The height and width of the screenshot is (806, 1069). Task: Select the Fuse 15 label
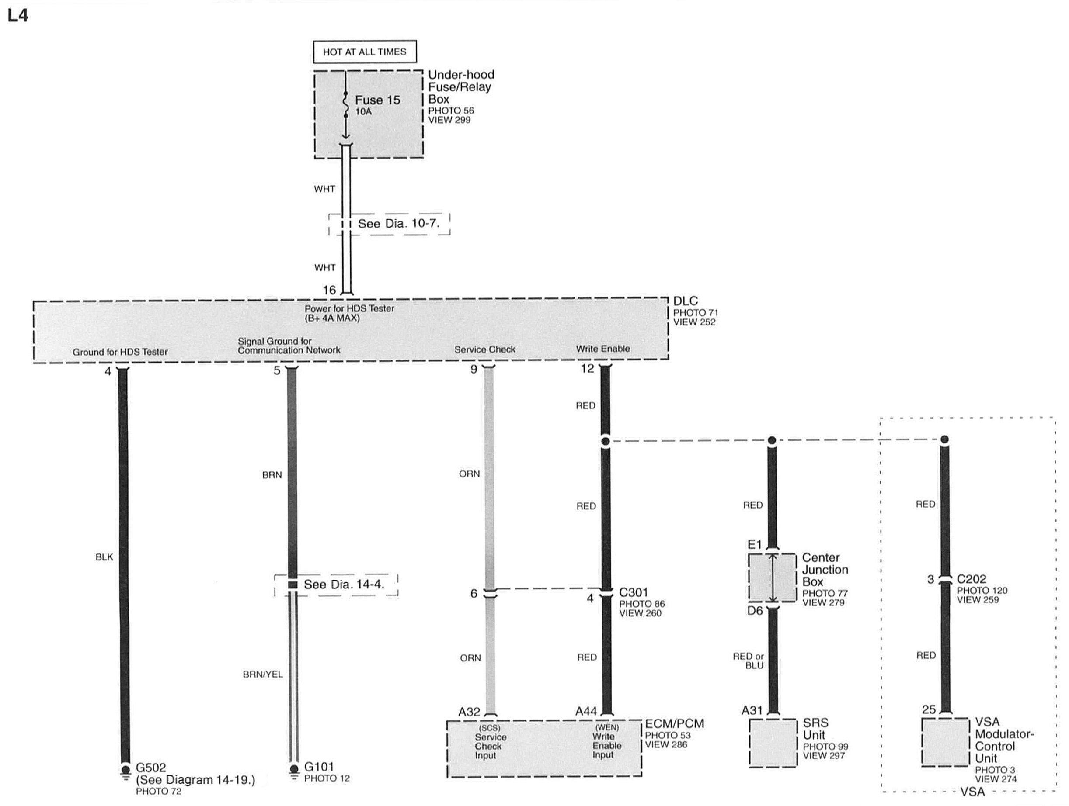pos(377,100)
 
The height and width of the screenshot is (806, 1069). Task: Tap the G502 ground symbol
pos(125,771)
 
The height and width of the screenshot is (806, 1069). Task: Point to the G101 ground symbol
pos(294,770)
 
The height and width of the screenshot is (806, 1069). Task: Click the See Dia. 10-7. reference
pos(398,224)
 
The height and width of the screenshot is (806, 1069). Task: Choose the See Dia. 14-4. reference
pos(344,585)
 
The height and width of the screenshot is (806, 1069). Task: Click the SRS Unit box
pos(772,742)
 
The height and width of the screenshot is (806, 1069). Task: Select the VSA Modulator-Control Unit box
pos(945,741)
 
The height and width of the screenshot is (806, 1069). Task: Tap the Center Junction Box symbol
pos(772,577)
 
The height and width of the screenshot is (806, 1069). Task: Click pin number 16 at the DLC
pos(329,290)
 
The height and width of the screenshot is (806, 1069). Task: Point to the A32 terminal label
pos(469,712)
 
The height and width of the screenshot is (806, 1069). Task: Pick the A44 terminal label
pos(586,711)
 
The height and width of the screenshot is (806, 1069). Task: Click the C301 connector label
pos(633,592)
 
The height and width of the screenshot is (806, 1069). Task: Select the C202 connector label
pos(972,579)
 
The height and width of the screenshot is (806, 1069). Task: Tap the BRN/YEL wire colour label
pos(262,674)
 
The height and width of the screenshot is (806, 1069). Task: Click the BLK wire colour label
pos(104,557)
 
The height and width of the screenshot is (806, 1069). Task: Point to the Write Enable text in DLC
pos(602,349)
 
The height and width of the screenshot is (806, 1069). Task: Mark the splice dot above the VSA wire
pos(944,439)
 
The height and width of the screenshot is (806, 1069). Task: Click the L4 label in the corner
pos(18,15)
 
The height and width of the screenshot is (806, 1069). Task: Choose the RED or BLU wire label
pos(748,661)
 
